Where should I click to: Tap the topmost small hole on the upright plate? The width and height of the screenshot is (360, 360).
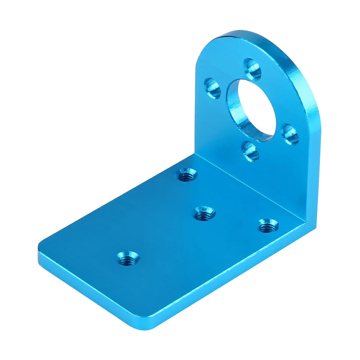(253, 69)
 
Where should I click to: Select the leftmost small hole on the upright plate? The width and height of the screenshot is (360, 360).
(212, 88)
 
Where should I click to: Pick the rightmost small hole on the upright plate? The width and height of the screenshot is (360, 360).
(290, 134)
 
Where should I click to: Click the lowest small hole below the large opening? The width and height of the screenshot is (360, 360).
(250, 151)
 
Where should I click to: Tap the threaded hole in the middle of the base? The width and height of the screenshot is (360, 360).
(204, 214)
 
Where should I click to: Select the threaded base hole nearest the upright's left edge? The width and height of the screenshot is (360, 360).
(187, 175)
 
